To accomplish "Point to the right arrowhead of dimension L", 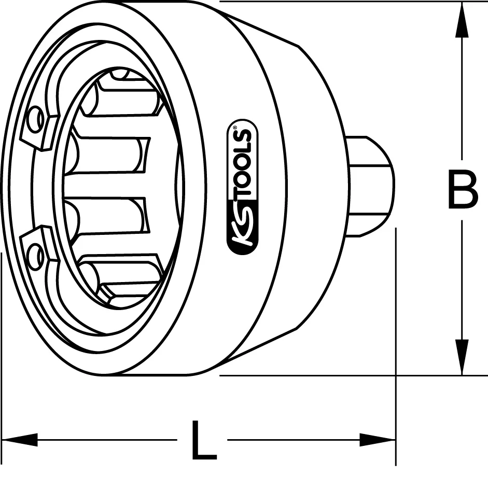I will (x=379, y=440).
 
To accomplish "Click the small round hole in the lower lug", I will (x=36, y=257).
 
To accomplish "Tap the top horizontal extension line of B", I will (x=337, y=2).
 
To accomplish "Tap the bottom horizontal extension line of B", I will (x=337, y=375).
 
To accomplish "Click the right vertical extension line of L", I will (x=396, y=337).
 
